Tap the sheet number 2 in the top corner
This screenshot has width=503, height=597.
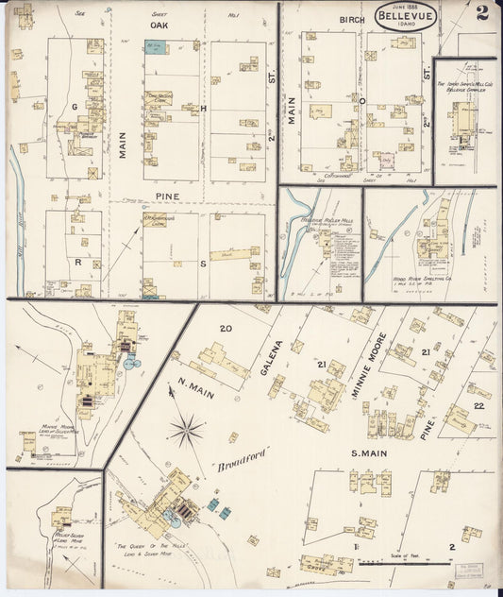pyautogui.click(x=482, y=12)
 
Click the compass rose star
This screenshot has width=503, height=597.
pyautogui.click(x=187, y=433)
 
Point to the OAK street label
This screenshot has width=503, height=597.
pyautogui.click(x=159, y=26)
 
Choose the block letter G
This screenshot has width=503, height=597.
pyautogui.click(x=73, y=108)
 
